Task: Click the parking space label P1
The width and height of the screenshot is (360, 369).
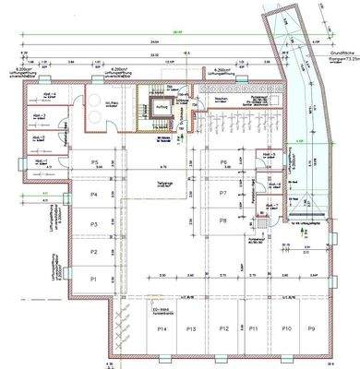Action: [93, 278]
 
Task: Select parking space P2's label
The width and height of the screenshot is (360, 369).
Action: [93, 251]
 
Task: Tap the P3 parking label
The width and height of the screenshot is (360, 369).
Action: [93, 224]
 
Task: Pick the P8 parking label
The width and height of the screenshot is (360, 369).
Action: [223, 220]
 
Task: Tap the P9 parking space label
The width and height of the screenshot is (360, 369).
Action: [312, 328]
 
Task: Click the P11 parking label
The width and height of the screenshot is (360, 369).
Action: [254, 328]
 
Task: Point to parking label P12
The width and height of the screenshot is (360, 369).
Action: [222, 328]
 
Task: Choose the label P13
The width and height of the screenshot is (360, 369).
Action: [190, 328]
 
